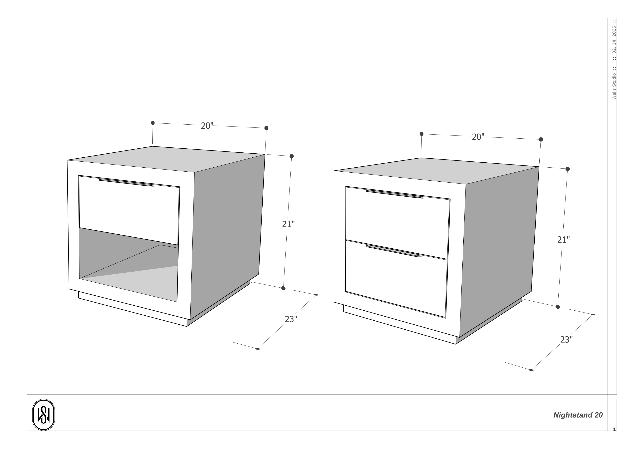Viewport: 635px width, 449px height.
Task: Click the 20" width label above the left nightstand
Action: pos(207,126)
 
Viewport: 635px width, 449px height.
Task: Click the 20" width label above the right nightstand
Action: pos(478,137)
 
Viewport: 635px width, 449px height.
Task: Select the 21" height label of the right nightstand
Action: pos(563,240)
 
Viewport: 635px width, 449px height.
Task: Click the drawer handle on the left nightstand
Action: pos(125,182)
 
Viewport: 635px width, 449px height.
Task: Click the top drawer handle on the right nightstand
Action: pos(394,194)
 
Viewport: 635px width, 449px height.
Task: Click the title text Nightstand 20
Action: pos(578,415)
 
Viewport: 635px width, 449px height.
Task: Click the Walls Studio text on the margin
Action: pos(614,86)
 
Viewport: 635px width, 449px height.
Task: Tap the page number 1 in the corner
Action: pos(614,429)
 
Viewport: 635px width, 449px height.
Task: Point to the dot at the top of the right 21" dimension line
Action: pos(567,169)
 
